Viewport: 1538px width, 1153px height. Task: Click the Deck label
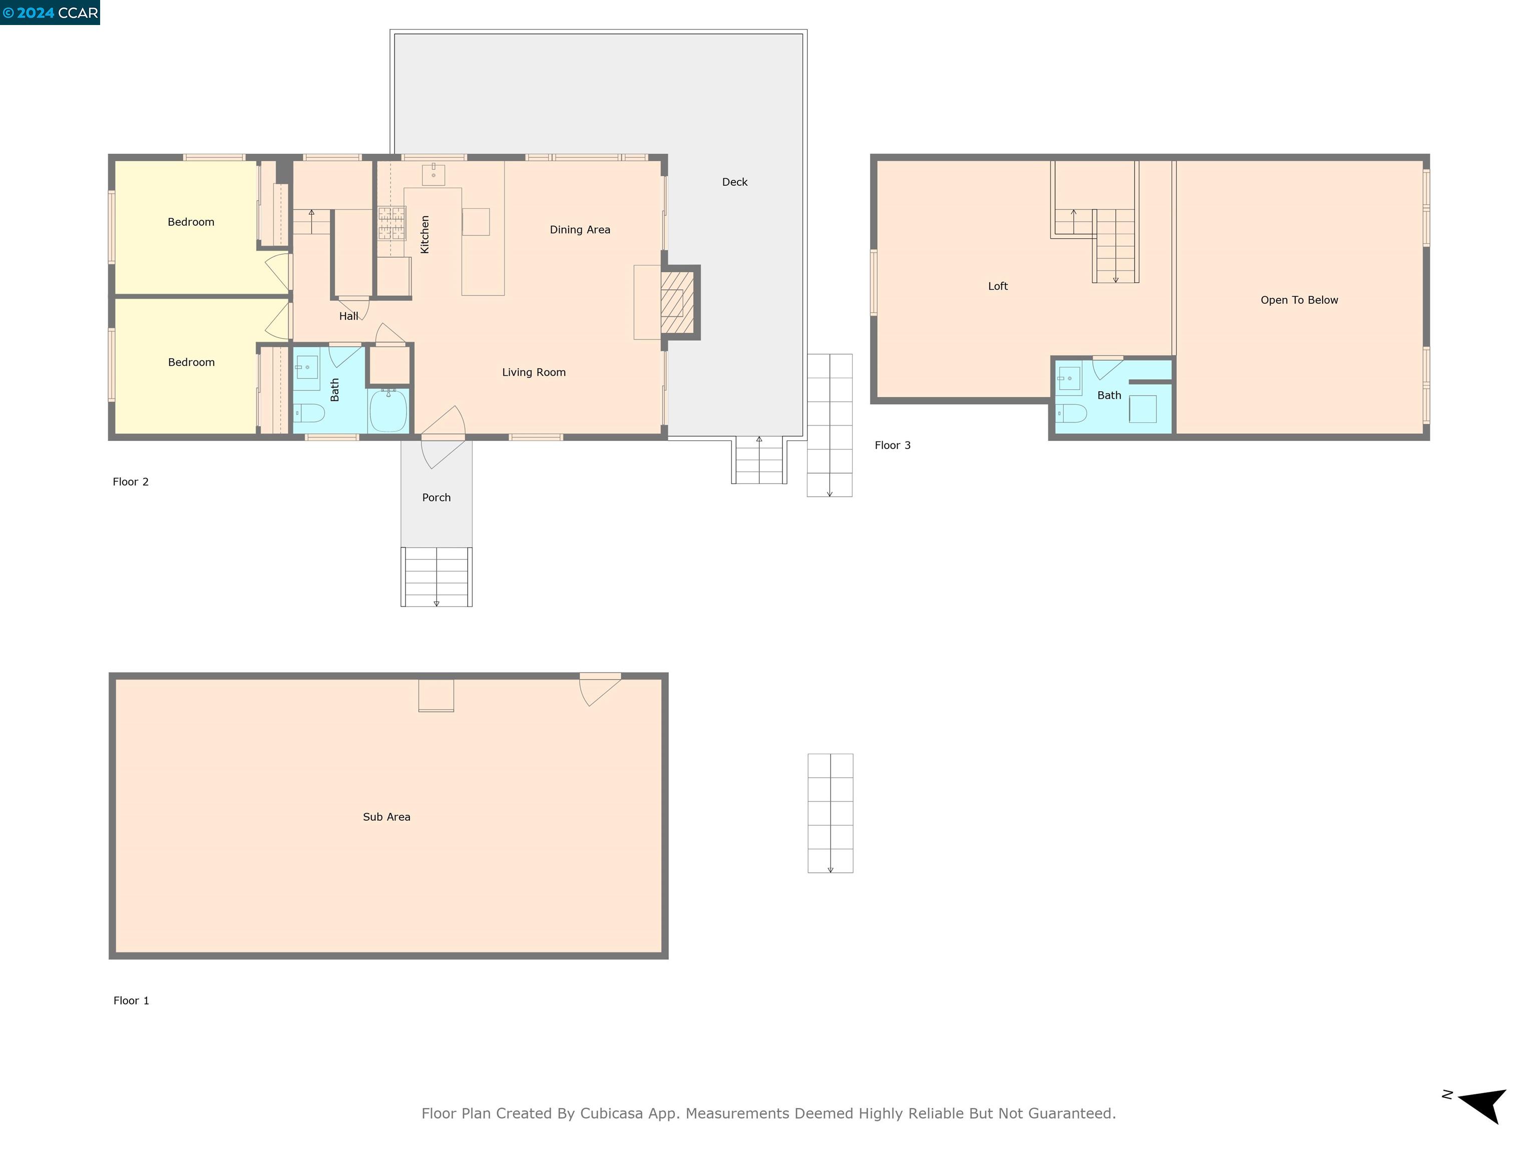[734, 182]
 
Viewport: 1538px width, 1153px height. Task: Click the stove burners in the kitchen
[392, 222]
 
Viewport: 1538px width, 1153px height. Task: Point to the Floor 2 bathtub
[388, 411]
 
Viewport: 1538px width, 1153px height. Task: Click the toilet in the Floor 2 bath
[309, 413]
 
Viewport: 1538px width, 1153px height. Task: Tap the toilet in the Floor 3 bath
[1071, 413]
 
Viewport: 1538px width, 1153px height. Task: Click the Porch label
[436, 497]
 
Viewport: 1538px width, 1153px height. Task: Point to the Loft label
[998, 286]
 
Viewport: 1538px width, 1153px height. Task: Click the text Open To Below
[1299, 300]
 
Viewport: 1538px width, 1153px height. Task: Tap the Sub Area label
[387, 817]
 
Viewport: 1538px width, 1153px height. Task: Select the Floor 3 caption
[892, 445]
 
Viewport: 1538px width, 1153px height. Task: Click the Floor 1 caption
[131, 1001]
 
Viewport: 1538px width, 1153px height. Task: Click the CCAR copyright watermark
[50, 13]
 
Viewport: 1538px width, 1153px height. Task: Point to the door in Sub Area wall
[599, 688]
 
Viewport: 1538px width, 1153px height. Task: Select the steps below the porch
[436, 577]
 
